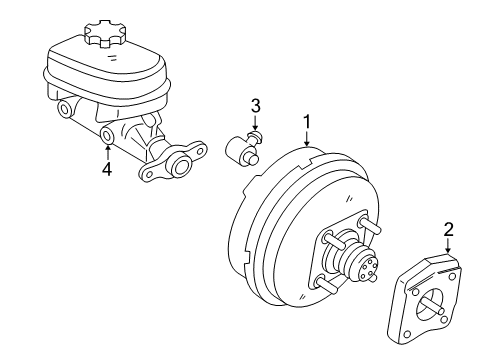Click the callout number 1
(307, 123)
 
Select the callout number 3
(255, 105)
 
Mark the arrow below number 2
(448, 250)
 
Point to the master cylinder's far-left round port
(65, 108)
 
